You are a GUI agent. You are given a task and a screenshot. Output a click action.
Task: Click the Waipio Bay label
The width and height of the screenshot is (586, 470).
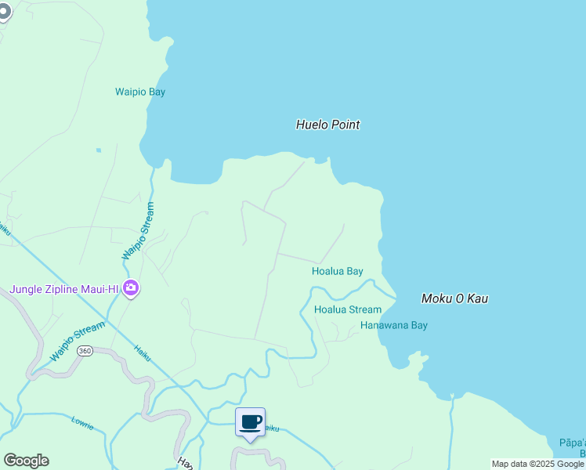click(141, 92)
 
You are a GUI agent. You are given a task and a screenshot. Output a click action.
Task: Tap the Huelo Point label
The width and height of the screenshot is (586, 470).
click(327, 125)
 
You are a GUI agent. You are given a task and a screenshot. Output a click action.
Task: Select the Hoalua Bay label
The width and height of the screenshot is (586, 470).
click(337, 272)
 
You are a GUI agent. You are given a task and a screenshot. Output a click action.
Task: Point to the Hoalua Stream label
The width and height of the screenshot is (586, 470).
click(347, 309)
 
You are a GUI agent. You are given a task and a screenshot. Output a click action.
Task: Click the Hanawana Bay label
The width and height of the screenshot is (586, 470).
click(393, 325)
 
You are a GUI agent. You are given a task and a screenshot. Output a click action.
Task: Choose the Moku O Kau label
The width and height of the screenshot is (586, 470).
click(454, 298)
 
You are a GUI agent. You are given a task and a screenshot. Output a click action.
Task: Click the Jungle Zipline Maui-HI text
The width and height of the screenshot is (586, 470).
click(63, 289)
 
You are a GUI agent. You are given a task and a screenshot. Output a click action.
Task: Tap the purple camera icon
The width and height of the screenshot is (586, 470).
click(131, 289)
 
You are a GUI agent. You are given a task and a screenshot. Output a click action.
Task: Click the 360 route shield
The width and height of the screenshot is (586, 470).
click(85, 351)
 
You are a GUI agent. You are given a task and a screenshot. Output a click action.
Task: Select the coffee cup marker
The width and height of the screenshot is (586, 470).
click(251, 422)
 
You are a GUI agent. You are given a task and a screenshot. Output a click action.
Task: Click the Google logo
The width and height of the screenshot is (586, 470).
click(26, 461)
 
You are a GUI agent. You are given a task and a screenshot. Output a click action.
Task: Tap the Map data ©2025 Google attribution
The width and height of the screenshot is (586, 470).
click(537, 465)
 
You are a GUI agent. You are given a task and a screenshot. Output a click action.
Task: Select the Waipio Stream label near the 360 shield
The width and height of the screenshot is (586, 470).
click(77, 342)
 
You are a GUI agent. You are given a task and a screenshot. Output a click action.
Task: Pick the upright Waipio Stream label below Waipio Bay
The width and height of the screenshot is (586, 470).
click(139, 231)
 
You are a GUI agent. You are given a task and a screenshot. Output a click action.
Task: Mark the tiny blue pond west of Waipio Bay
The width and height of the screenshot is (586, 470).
click(99, 150)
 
